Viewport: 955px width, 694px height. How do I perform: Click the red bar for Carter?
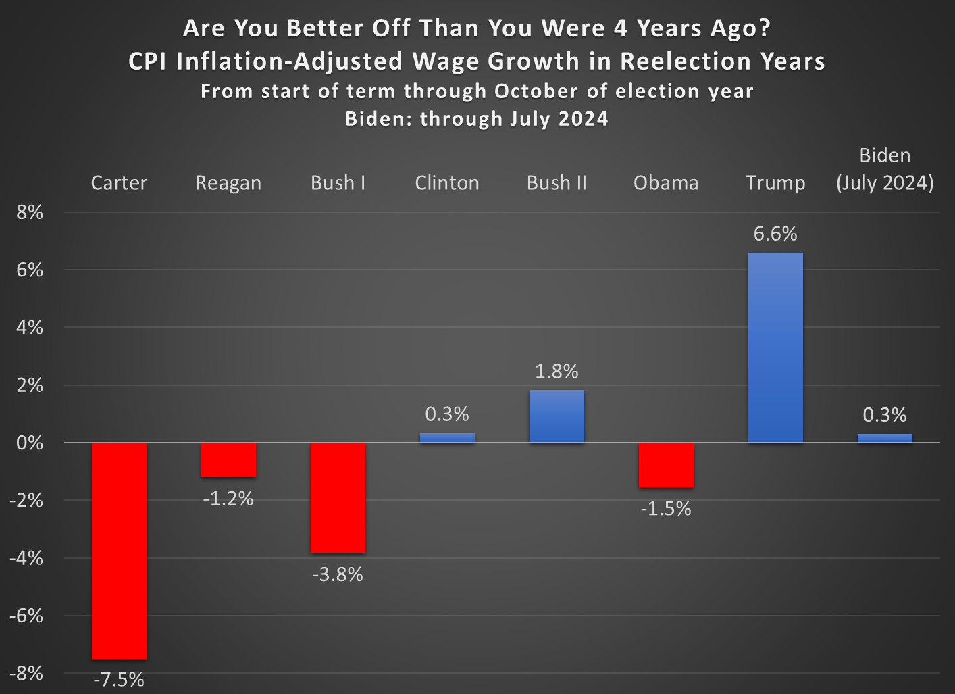tap(119, 550)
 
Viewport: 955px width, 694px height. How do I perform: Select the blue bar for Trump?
tap(775, 347)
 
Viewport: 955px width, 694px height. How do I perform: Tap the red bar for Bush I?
tap(338, 497)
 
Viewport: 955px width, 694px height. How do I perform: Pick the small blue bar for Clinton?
tap(447, 438)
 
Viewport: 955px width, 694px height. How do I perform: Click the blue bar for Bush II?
tap(557, 416)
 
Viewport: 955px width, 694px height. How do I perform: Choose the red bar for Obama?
tap(666, 465)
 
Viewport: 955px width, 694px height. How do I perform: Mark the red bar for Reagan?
tap(228, 460)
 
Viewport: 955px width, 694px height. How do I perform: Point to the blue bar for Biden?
tap(885, 438)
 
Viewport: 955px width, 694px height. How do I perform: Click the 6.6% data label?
tap(775, 234)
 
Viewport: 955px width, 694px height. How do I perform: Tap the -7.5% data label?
tap(119, 679)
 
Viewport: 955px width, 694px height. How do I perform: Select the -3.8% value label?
tap(338, 574)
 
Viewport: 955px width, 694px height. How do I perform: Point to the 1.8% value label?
tap(557, 371)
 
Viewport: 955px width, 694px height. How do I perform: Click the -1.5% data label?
tap(666, 508)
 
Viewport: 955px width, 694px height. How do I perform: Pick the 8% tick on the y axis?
tap(30, 212)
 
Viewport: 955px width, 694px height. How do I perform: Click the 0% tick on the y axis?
tap(30, 443)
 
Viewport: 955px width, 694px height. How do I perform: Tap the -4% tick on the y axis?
tap(27, 558)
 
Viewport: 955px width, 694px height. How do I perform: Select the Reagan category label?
tap(228, 183)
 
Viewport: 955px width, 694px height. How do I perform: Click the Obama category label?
tap(666, 183)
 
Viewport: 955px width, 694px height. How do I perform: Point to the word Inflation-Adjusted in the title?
tap(289, 61)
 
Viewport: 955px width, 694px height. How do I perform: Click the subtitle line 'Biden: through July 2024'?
tap(477, 119)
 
